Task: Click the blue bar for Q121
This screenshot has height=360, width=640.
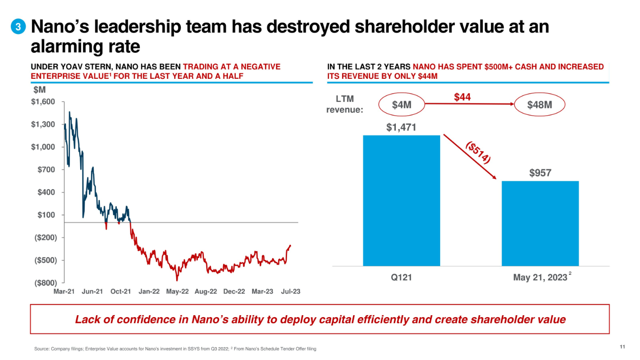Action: (401, 200)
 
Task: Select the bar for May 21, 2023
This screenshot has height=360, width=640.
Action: (540, 224)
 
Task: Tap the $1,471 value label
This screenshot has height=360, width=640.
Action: (401, 128)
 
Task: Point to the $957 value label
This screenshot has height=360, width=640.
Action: (540, 173)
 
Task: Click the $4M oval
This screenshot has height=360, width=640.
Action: (401, 105)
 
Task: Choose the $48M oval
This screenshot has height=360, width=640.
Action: (539, 105)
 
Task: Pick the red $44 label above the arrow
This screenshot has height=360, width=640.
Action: (462, 98)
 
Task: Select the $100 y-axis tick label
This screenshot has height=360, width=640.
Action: (47, 215)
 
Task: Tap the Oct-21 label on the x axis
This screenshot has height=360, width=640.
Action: (121, 292)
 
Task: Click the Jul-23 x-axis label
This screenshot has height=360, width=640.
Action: (290, 292)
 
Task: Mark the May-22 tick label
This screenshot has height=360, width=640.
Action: (177, 292)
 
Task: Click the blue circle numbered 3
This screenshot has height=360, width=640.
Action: (18, 28)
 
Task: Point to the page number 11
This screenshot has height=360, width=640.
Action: (622, 348)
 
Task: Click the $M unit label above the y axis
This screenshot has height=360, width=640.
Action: (39, 90)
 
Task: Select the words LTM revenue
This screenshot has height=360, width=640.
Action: (345, 104)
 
